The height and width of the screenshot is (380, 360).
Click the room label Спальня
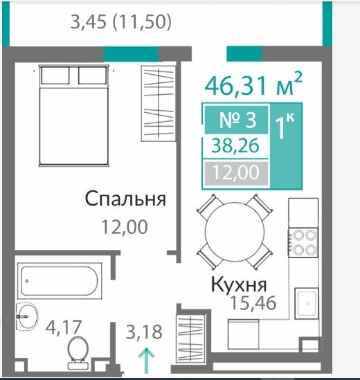pos(125,199)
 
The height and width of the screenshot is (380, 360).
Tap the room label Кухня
pos(239,284)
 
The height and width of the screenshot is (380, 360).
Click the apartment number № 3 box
pos(236,120)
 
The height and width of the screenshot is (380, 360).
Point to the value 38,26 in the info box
pos(235,146)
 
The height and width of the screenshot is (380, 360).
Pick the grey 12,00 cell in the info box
pos(236,172)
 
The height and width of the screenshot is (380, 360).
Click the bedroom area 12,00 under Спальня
pos(125,227)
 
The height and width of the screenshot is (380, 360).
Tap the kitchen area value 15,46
pos(253,303)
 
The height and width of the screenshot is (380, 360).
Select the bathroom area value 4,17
pos(64,327)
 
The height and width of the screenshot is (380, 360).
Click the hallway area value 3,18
pos(144,332)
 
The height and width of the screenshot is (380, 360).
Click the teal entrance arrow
pos(146,361)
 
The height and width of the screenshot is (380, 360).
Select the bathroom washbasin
pos(27,316)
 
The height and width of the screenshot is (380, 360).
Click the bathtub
pos(60,281)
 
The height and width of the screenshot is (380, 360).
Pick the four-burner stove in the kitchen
pos(303,242)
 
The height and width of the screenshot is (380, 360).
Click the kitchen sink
pos(307,303)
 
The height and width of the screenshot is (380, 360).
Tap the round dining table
pos(235,232)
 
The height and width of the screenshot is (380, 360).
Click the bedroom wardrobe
pos(159,104)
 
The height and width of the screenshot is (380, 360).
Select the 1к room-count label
pos(285,125)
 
